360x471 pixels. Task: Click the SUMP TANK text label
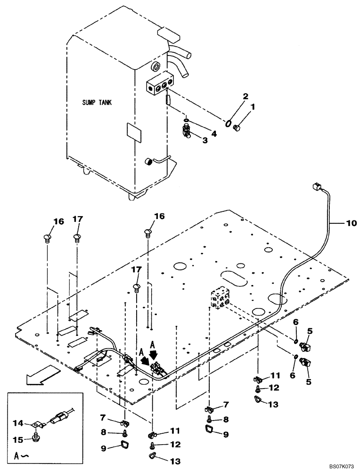(x=97, y=102)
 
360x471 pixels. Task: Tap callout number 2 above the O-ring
(x=231, y=97)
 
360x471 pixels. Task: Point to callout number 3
(x=205, y=140)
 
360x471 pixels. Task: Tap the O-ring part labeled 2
(x=228, y=123)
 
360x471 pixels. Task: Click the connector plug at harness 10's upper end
(x=314, y=187)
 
